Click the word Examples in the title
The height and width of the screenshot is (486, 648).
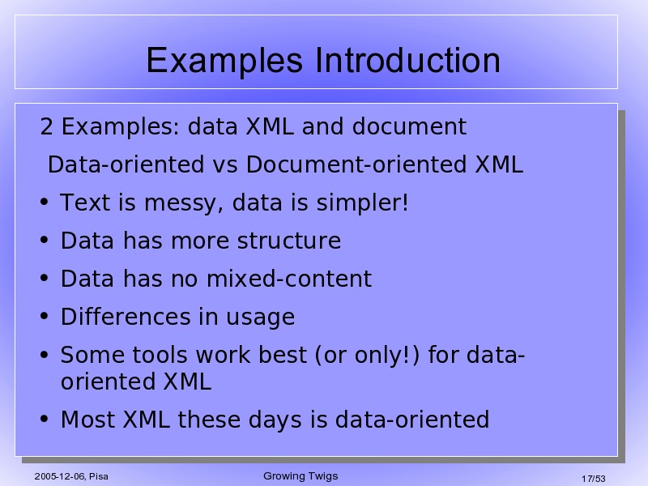[224, 61]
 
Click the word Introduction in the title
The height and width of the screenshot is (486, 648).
[407, 60]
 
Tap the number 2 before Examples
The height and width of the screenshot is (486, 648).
[46, 126]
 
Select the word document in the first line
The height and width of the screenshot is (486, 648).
[409, 126]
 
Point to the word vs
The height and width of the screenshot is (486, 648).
[225, 164]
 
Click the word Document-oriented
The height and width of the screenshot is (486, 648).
[356, 164]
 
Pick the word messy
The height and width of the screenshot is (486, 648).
[184, 203]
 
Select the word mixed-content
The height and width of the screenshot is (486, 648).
[289, 278]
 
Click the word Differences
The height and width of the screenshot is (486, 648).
[126, 317]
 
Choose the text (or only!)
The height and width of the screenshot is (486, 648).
[367, 355]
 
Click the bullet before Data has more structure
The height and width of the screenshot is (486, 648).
[45, 240]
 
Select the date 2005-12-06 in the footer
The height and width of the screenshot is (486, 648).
[60, 476]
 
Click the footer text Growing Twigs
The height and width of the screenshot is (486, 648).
[301, 476]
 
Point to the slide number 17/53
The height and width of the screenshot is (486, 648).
[594, 479]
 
